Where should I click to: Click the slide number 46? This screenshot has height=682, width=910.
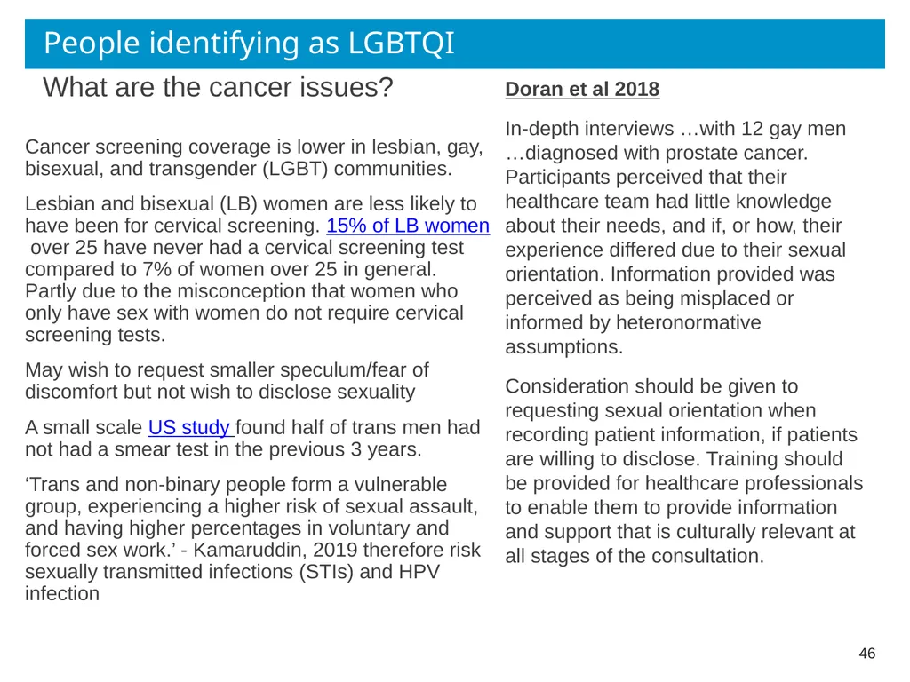click(x=867, y=653)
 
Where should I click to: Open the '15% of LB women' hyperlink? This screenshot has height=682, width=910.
click(x=408, y=226)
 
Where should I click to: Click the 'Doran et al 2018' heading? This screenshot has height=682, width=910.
click(x=582, y=90)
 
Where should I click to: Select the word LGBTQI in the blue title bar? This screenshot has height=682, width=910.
click(x=401, y=43)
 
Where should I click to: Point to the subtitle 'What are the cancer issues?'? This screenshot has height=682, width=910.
click(x=218, y=88)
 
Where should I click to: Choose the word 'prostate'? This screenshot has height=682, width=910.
click(x=701, y=153)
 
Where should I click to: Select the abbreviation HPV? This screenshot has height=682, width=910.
click(x=419, y=572)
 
